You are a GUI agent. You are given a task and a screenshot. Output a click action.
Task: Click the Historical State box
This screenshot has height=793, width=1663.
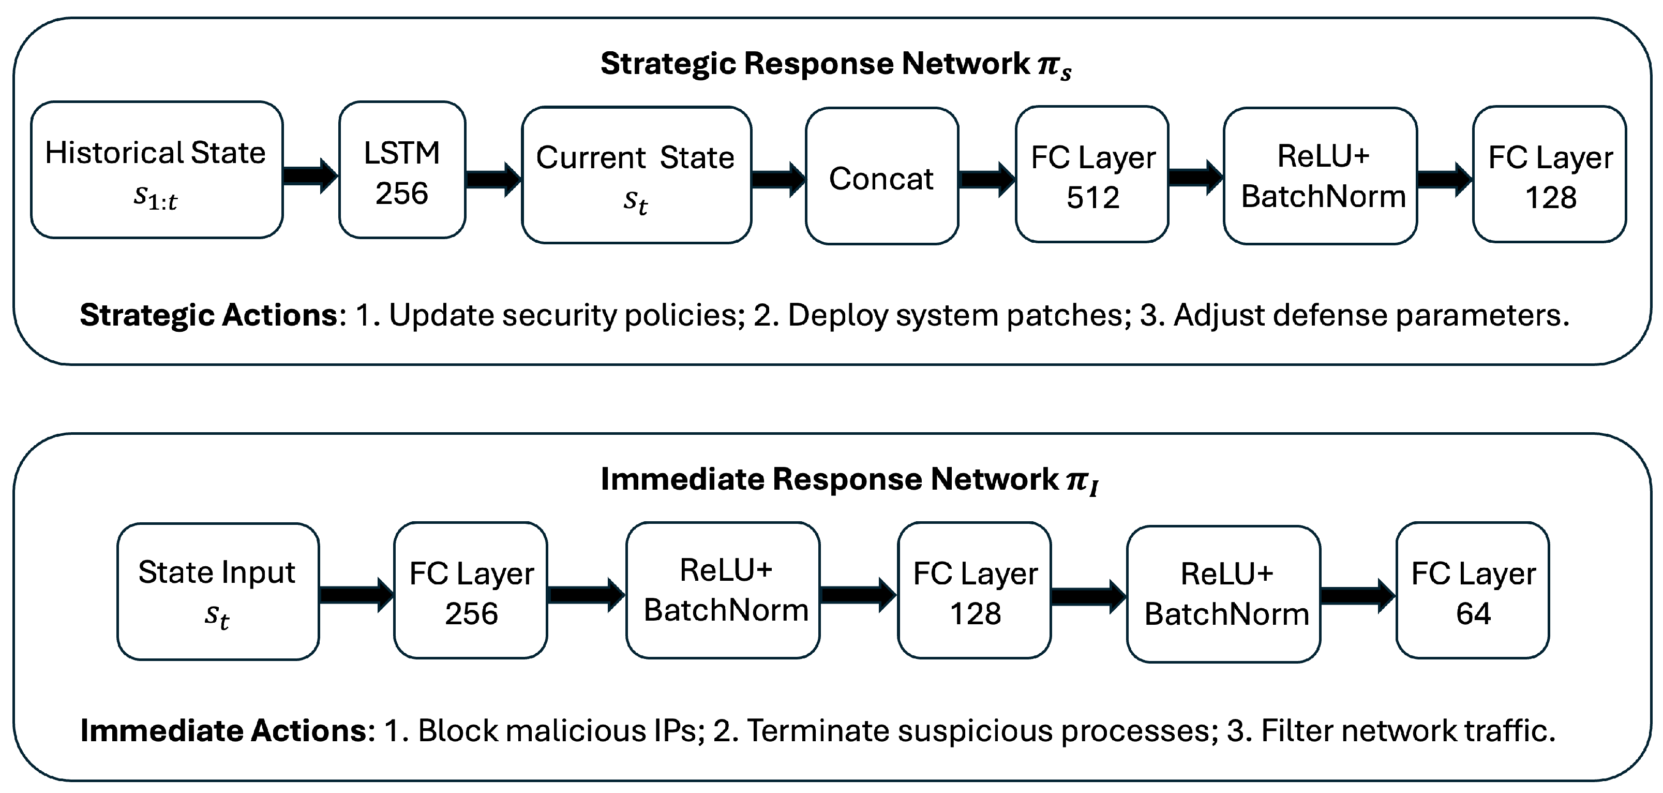click(156, 170)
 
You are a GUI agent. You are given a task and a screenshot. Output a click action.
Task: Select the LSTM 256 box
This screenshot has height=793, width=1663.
click(401, 170)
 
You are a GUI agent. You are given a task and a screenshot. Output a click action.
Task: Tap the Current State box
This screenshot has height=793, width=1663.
click(636, 175)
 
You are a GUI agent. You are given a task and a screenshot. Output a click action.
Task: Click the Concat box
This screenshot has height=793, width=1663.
click(881, 177)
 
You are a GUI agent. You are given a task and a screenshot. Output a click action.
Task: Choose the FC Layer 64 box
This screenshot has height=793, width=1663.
click(1473, 591)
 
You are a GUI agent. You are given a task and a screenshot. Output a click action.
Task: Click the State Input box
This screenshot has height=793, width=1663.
click(218, 592)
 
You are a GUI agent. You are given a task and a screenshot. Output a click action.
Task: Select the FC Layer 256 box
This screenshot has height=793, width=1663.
click(471, 591)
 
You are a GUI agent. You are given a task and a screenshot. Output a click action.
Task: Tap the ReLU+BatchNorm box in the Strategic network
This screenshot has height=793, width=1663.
click(1320, 175)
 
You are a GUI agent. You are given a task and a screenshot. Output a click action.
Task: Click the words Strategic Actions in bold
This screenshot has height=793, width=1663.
click(208, 315)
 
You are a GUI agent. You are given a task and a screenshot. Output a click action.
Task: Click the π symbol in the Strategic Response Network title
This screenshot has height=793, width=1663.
click(1048, 64)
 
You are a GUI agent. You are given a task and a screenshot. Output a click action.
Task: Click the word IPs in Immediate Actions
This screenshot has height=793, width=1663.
click(675, 731)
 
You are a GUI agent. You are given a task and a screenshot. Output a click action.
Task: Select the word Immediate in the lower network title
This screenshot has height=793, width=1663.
click(681, 480)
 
